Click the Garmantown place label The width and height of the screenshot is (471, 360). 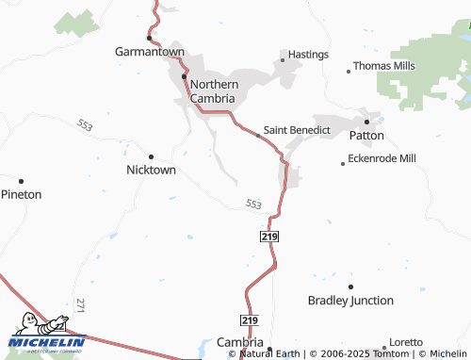pos(149,52)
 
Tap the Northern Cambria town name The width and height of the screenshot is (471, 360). pos(214,90)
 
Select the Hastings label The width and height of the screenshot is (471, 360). pos(308,55)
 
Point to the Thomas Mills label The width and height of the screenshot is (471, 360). pos(383,67)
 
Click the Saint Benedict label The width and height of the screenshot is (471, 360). pos(297,130)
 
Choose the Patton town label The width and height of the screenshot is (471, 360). pos(366,135)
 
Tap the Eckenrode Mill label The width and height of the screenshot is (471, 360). pos(382,158)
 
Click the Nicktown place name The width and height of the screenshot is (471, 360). pos(151,171)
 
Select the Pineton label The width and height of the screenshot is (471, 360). pos(21,194)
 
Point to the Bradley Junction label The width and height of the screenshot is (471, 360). pos(350,301)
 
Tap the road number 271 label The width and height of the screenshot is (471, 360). pos(80,304)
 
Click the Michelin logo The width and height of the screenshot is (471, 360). pos(46,335)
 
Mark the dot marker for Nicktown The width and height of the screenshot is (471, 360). pos(151,156)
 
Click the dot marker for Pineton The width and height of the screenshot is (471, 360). pos(21,180)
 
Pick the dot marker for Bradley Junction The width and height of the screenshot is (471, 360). pos(350,286)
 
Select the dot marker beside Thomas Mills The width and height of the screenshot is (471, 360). pos(347,68)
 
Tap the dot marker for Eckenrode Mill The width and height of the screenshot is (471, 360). pos(343,163)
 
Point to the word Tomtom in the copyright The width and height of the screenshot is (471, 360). pos(387,354)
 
